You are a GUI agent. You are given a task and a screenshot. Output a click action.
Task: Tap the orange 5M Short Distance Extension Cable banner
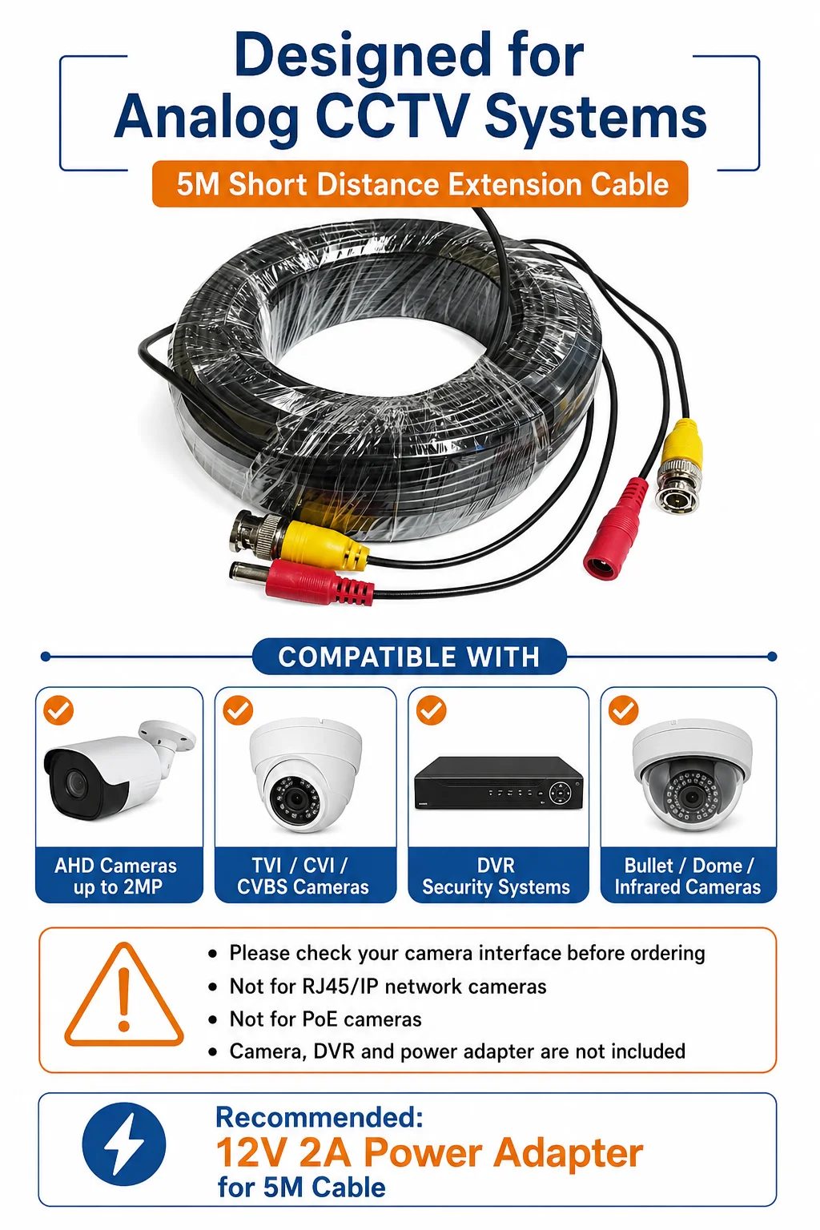tap(420, 184)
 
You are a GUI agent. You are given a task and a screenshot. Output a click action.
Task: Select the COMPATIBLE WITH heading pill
tap(409, 656)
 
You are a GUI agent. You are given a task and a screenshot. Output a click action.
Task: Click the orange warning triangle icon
tap(124, 995)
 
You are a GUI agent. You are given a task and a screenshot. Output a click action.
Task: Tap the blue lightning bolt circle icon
tap(123, 1144)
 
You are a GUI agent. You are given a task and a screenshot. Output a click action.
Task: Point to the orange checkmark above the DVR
tap(431, 710)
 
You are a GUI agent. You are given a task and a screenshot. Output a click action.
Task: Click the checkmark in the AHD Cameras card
tap(58, 710)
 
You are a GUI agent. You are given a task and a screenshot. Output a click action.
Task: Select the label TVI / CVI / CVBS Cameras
tap(303, 876)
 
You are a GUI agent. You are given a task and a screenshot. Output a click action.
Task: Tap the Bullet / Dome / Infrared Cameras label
tap(688, 876)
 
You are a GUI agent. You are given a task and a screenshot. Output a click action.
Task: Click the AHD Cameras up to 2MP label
tap(116, 876)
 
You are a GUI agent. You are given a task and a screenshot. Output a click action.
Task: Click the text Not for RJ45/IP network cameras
tap(388, 987)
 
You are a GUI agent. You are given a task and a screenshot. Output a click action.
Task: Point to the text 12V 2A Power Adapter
tap(429, 1152)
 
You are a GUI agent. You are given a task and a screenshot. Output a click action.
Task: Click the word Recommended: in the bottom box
tap(319, 1116)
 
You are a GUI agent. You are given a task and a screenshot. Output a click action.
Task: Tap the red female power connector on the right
tap(617, 527)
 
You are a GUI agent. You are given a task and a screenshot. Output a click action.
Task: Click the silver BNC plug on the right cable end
tap(677, 488)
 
